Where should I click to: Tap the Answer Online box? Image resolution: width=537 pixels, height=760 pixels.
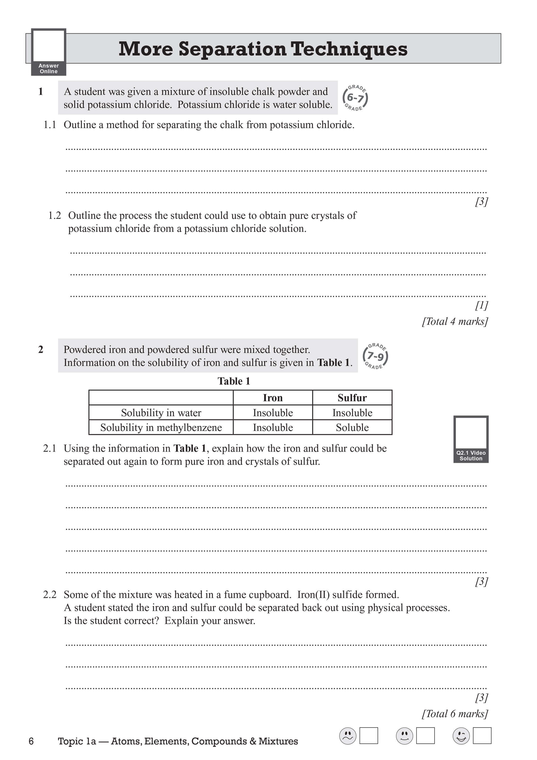coord(49,52)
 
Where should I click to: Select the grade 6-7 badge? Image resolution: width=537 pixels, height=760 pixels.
coord(355,98)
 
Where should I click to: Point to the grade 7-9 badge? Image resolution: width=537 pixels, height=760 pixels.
coord(375,356)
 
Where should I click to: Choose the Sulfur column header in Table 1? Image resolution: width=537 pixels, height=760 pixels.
coord(352,398)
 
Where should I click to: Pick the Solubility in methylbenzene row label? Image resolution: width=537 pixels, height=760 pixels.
coord(161,427)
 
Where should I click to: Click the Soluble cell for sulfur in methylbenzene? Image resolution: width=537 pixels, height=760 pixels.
coord(352,427)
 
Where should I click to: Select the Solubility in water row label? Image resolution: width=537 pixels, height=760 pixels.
coord(161,413)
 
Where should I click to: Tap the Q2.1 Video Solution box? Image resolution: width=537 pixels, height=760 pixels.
coord(471,439)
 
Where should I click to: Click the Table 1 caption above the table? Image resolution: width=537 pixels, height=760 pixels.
coord(234,381)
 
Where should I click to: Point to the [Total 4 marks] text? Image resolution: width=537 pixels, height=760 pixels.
coord(455,321)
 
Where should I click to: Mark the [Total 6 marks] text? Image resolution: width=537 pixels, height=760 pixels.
coord(455,714)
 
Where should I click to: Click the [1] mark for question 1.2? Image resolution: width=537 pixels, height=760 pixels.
coord(481,305)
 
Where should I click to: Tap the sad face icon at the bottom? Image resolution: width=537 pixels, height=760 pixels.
coord(348,736)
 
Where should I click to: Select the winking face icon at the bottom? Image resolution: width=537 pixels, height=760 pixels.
coord(461,736)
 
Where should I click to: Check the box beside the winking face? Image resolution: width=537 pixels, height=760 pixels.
coord(482,736)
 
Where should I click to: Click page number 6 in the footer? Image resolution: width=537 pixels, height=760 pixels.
coord(31,741)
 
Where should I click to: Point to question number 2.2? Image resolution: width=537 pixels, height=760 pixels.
coord(50,595)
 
